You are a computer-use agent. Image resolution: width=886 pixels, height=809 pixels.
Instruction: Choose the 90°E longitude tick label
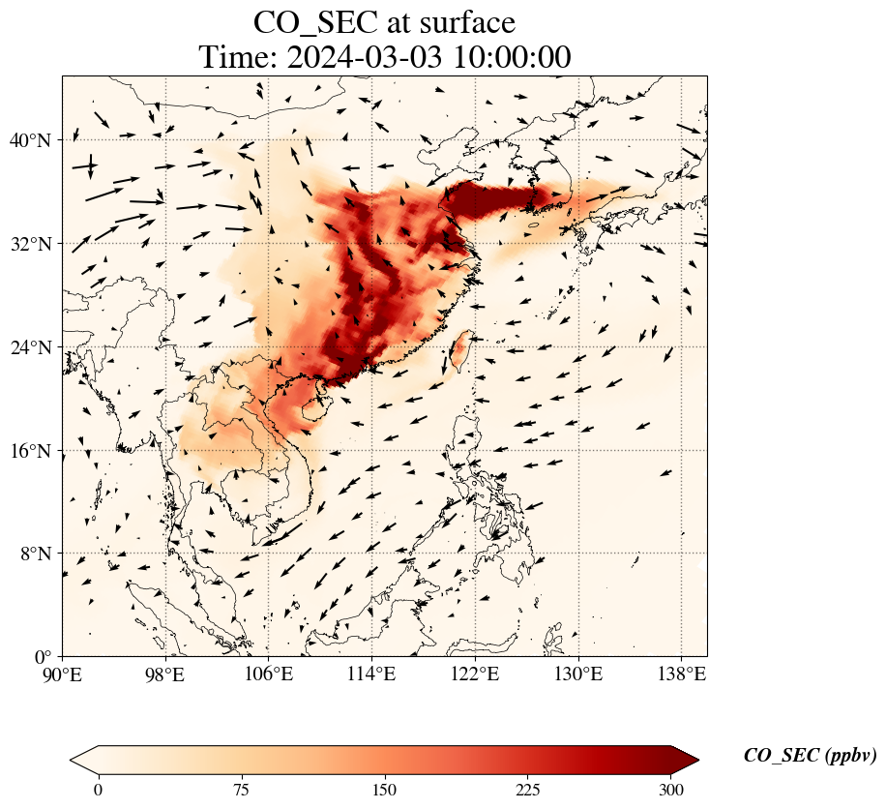point(63,674)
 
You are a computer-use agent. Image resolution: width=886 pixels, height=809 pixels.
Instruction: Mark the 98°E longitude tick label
point(165,674)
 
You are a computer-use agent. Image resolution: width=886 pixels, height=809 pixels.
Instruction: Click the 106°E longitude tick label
point(269,674)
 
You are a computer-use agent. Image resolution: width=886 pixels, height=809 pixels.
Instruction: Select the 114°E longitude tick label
point(371,674)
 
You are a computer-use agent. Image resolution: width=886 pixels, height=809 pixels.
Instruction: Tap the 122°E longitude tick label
point(475,674)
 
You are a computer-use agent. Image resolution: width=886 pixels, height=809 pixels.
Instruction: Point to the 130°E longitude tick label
point(577,674)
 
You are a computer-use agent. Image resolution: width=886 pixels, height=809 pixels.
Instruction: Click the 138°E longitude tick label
point(681,674)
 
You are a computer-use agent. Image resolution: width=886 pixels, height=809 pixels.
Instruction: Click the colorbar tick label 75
point(241,790)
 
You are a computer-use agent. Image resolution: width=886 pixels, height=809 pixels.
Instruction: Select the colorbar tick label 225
point(527,790)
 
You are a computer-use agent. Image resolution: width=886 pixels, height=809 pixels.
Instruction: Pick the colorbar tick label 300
point(670,790)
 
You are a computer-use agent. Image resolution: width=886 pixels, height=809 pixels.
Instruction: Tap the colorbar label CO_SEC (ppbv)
point(810,756)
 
